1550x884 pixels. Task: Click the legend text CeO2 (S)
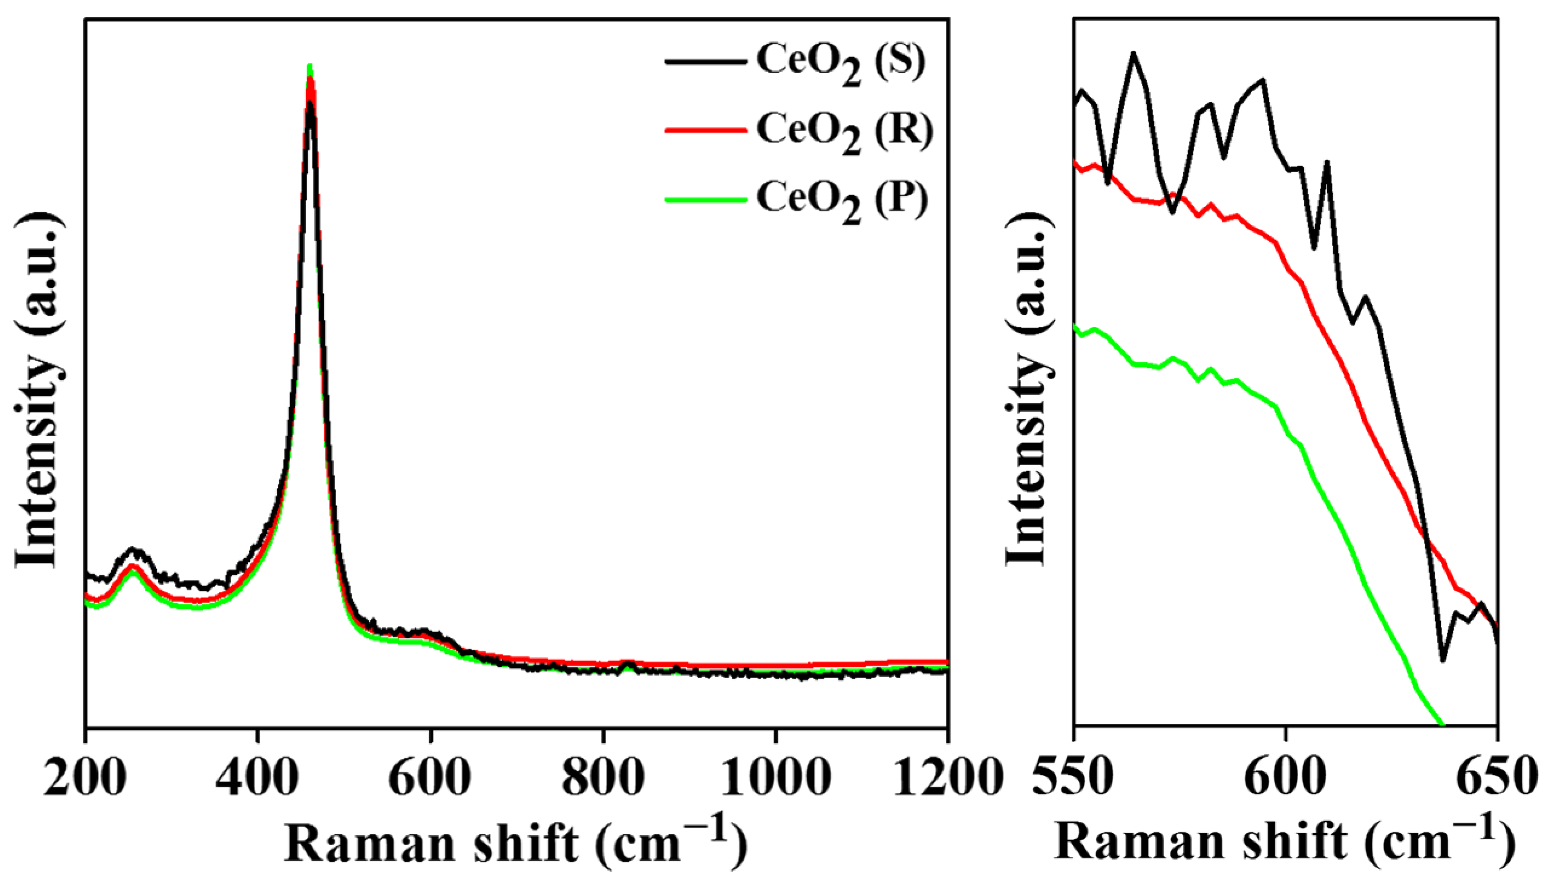click(x=841, y=64)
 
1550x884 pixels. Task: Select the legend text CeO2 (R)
click(x=844, y=132)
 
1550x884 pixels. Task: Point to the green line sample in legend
click(x=705, y=199)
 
